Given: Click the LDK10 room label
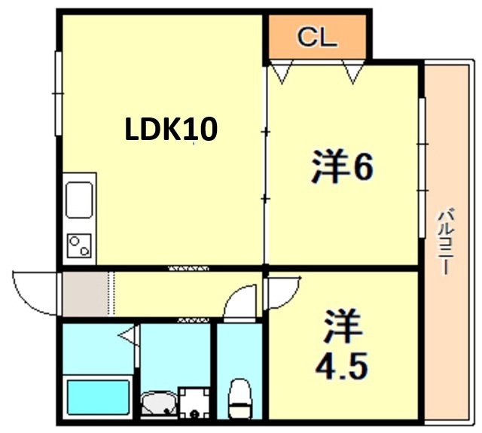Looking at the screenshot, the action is [x=171, y=130].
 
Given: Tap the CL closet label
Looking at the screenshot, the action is [x=317, y=37].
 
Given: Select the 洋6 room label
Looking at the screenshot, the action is [x=343, y=167].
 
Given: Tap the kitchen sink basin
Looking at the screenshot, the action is [x=79, y=200].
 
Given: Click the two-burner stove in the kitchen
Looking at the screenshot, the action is [x=79, y=245].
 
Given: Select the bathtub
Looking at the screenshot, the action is [x=98, y=398].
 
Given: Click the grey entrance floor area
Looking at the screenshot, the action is [x=86, y=294].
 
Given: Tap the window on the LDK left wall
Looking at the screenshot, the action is [x=58, y=93].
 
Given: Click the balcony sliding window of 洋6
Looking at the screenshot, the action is [x=423, y=167].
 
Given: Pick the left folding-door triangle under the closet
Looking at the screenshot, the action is [x=281, y=72].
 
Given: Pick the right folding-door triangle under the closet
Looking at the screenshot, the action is [x=353, y=72].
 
